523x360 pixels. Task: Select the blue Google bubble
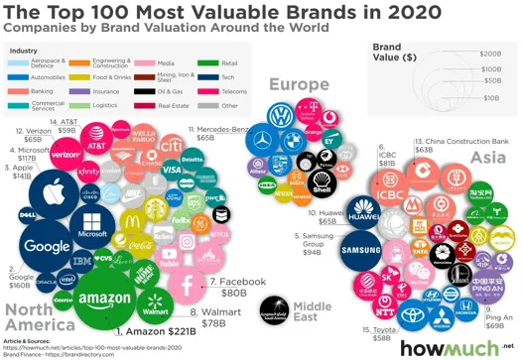[x=47, y=246]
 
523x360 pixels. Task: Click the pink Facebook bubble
[x=185, y=285]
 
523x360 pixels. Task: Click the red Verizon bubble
[x=65, y=155]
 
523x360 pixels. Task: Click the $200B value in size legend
[x=489, y=53]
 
